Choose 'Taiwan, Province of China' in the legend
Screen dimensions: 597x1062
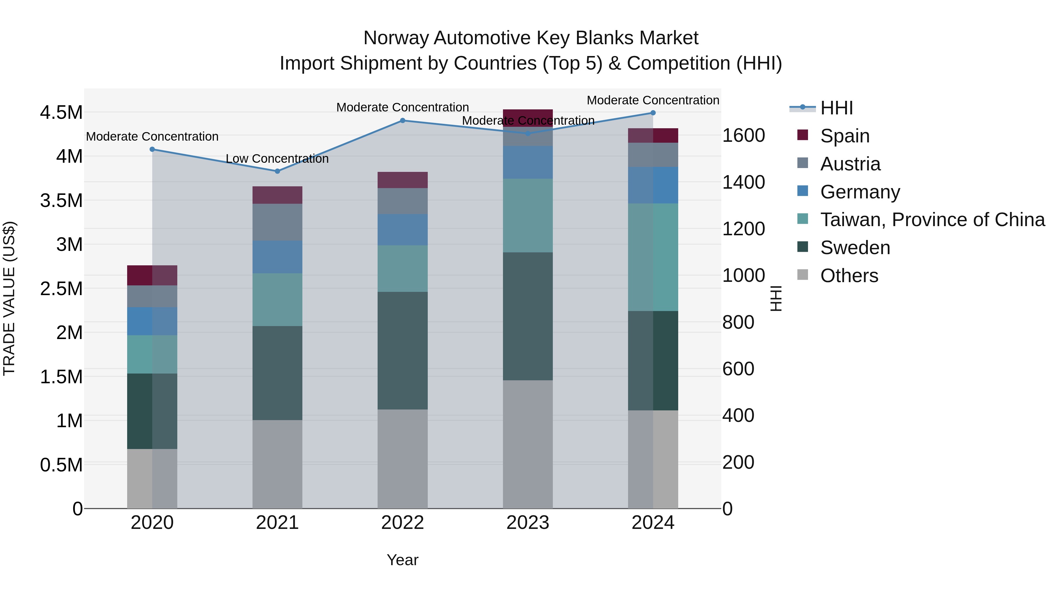point(932,220)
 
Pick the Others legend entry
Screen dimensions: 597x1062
point(849,276)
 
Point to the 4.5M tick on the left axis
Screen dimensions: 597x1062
point(61,113)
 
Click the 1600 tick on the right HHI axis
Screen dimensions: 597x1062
point(743,136)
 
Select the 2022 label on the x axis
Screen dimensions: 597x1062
point(402,523)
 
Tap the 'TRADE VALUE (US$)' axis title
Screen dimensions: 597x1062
point(9,298)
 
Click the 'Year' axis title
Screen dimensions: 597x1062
point(402,560)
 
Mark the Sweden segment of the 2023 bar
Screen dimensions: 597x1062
point(528,316)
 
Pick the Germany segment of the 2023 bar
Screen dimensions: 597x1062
point(528,162)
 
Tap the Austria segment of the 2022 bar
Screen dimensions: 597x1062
point(402,201)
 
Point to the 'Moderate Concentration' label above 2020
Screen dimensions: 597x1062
point(152,136)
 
